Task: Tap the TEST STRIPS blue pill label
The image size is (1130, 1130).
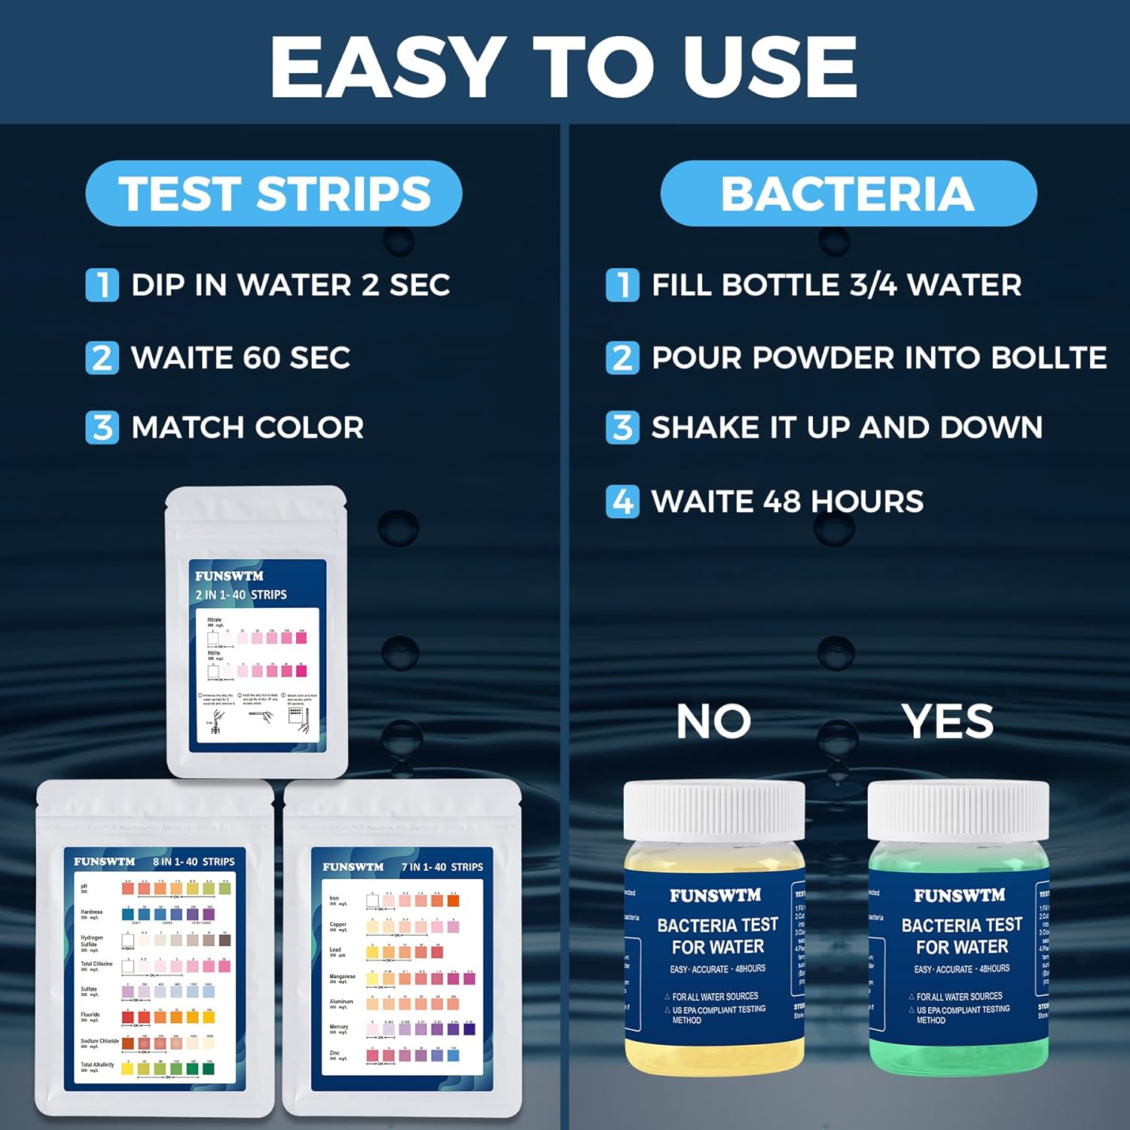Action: [x=273, y=194]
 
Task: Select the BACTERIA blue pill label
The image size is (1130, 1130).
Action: [x=848, y=194]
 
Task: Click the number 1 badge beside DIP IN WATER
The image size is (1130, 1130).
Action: [x=102, y=286]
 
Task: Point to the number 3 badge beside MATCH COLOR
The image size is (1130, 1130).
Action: [x=102, y=427]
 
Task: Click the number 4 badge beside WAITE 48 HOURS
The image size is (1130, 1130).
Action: [x=622, y=501]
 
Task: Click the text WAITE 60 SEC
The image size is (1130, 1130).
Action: [x=240, y=358]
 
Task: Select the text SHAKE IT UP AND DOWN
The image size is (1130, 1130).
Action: [x=847, y=427]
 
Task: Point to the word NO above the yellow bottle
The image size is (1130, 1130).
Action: [x=713, y=722]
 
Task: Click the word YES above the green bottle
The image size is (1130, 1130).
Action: [x=948, y=722]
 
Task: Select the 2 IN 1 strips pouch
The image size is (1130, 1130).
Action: [x=257, y=633]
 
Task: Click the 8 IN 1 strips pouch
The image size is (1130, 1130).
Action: [x=155, y=949]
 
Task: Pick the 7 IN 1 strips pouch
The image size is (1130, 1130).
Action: [x=402, y=949]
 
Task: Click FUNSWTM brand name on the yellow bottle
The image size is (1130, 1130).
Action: [x=716, y=896]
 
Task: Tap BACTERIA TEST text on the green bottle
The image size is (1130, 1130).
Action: [x=962, y=925]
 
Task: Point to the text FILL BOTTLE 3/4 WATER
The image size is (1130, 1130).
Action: [x=836, y=286]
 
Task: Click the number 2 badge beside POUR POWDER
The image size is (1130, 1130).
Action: [x=622, y=358]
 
